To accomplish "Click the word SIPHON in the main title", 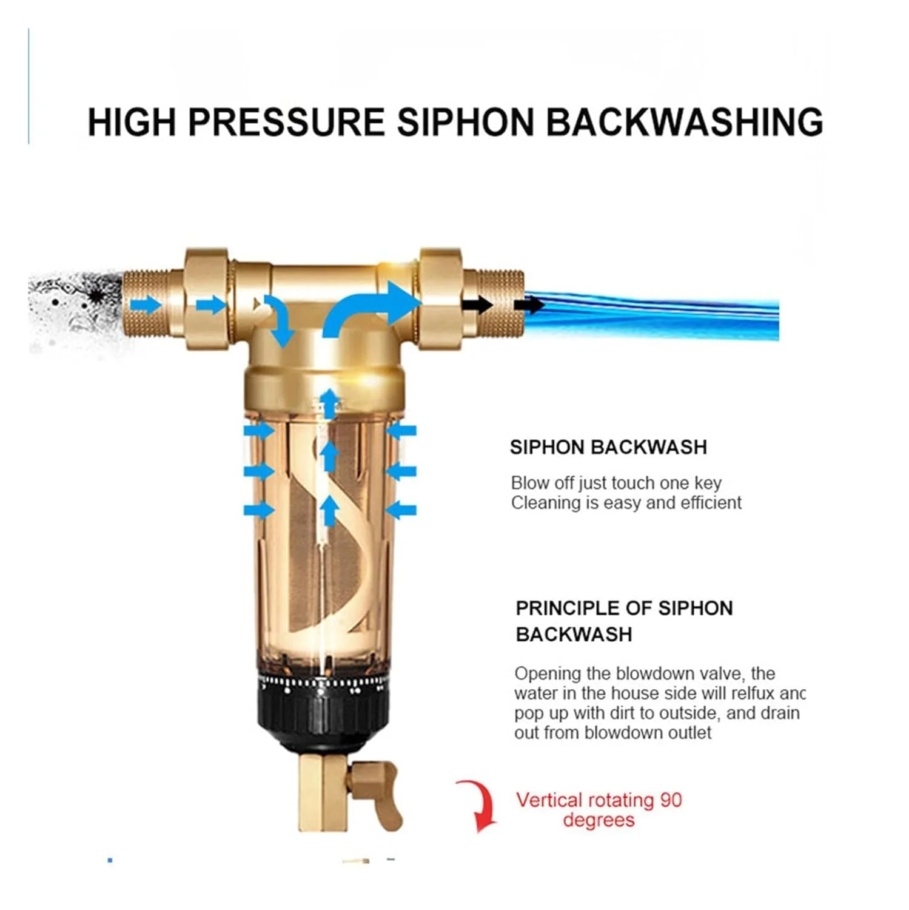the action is tap(466, 122).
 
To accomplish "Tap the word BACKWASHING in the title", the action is tap(685, 122).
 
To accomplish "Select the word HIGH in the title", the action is tap(133, 122).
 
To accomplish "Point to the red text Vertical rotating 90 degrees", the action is tap(599, 810).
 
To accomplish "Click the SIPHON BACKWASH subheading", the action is tap(608, 447).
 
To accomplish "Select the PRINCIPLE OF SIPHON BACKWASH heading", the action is tap(624, 621).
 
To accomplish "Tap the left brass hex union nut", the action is tap(207, 298).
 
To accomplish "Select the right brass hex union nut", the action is tap(441, 298).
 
